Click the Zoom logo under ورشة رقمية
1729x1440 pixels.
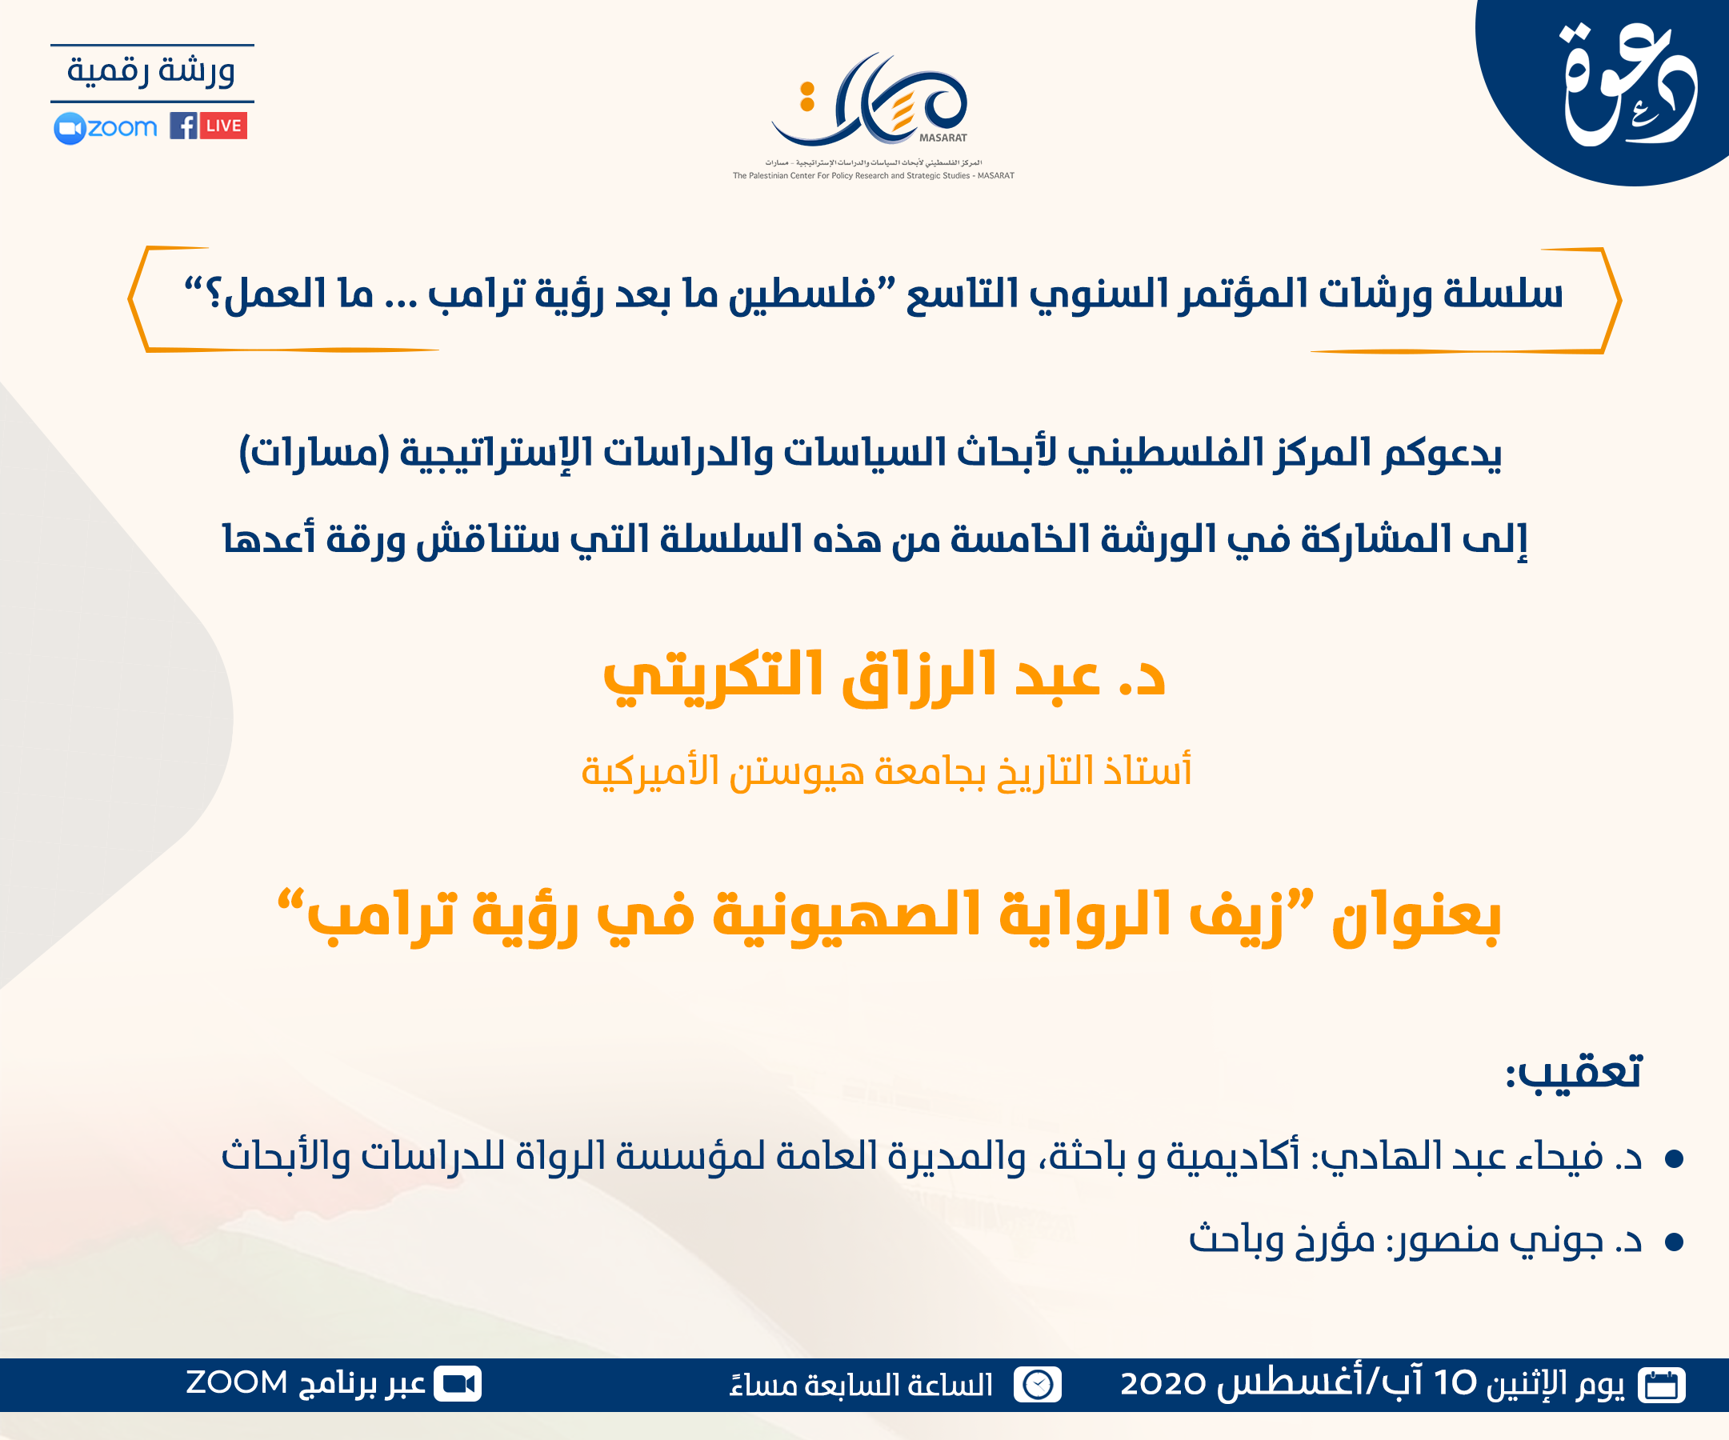coord(106,128)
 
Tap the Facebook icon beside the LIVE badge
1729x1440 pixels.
coord(182,126)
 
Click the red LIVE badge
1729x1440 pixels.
coord(223,126)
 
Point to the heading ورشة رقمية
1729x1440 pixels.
coord(151,71)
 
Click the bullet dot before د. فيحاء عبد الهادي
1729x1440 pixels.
coord(1673,1159)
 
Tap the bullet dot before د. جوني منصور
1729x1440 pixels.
coord(1673,1242)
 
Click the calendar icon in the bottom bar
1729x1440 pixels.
coord(1662,1385)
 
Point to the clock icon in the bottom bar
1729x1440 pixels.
coord(1038,1385)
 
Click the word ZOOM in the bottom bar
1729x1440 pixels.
coord(236,1383)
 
